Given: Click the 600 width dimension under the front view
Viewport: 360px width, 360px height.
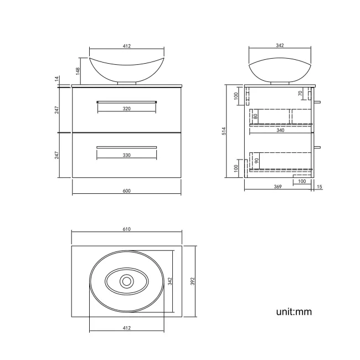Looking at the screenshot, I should click(x=126, y=191).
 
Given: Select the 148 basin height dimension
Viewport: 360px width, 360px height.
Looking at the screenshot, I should click(x=78, y=70).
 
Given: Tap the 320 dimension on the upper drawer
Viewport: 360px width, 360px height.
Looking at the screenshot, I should click(x=126, y=109).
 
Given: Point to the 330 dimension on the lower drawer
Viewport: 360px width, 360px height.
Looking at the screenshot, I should click(x=126, y=156).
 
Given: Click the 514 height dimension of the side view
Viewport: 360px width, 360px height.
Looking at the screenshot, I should click(x=224, y=131).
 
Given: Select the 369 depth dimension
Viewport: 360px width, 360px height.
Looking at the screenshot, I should click(x=278, y=187).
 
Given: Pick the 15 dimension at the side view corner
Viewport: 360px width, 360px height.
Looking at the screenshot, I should click(x=320, y=187).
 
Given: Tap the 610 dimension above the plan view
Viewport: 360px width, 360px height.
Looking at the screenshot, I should click(x=126, y=229).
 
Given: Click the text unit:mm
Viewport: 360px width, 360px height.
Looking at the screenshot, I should click(x=294, y=312).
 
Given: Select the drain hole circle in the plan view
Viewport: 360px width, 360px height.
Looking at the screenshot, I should click(x=126, y=281).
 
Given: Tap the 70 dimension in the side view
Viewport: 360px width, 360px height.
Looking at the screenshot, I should click(x=300, y=94).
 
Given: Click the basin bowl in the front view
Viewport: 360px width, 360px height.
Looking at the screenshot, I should click(x=126, y=69).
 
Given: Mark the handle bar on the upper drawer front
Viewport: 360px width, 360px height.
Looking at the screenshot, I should click(x=127, y=101).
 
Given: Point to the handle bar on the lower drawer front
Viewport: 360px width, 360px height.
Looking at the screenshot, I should click(x=127, y=147).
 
